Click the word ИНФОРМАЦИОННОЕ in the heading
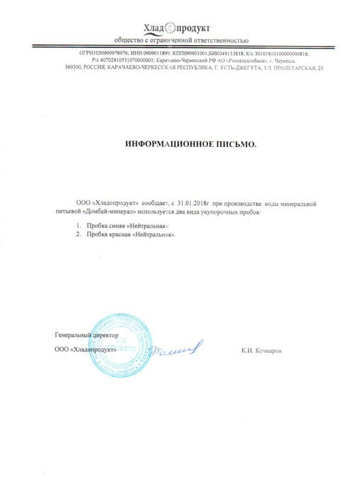tap(168, 144)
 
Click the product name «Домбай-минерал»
tap(110, 212)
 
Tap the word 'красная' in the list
tap(119, 234)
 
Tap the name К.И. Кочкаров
tap(261, 349)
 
